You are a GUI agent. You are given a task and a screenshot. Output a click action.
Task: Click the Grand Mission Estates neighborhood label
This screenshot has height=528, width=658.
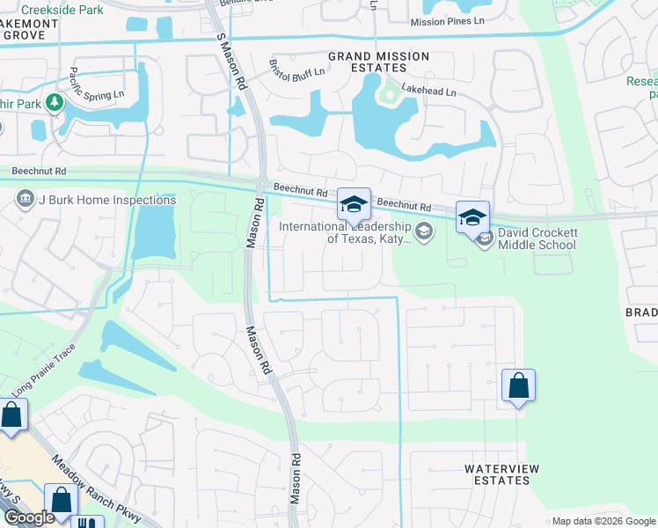(378, 62)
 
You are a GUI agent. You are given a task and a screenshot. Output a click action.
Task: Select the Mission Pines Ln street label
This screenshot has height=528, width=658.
(447, 21)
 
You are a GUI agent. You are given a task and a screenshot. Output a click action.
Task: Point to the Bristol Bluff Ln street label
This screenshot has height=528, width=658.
(296, 74)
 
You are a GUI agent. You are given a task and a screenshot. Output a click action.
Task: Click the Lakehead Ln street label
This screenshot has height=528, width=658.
(429, 91)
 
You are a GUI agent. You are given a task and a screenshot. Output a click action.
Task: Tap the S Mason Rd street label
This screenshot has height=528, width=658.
(230, 62)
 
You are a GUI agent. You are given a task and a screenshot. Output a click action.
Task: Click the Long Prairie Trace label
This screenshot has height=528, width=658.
(43, 376)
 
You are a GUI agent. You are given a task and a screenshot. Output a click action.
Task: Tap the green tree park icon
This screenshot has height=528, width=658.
(55, 104)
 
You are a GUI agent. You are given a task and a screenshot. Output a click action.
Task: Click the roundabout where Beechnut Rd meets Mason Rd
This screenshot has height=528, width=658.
(262, 186)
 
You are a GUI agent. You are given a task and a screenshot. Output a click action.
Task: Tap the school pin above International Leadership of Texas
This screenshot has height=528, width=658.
(354, 206)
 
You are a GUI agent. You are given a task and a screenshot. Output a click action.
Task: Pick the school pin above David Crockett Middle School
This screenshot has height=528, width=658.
(472, 216)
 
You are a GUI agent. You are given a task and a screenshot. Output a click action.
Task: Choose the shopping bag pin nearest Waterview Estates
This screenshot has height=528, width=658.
(518, 385)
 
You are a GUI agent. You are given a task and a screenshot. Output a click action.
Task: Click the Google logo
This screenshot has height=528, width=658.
(28, 517)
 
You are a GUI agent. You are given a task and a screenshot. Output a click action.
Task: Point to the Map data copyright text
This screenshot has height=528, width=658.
(603, 521)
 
